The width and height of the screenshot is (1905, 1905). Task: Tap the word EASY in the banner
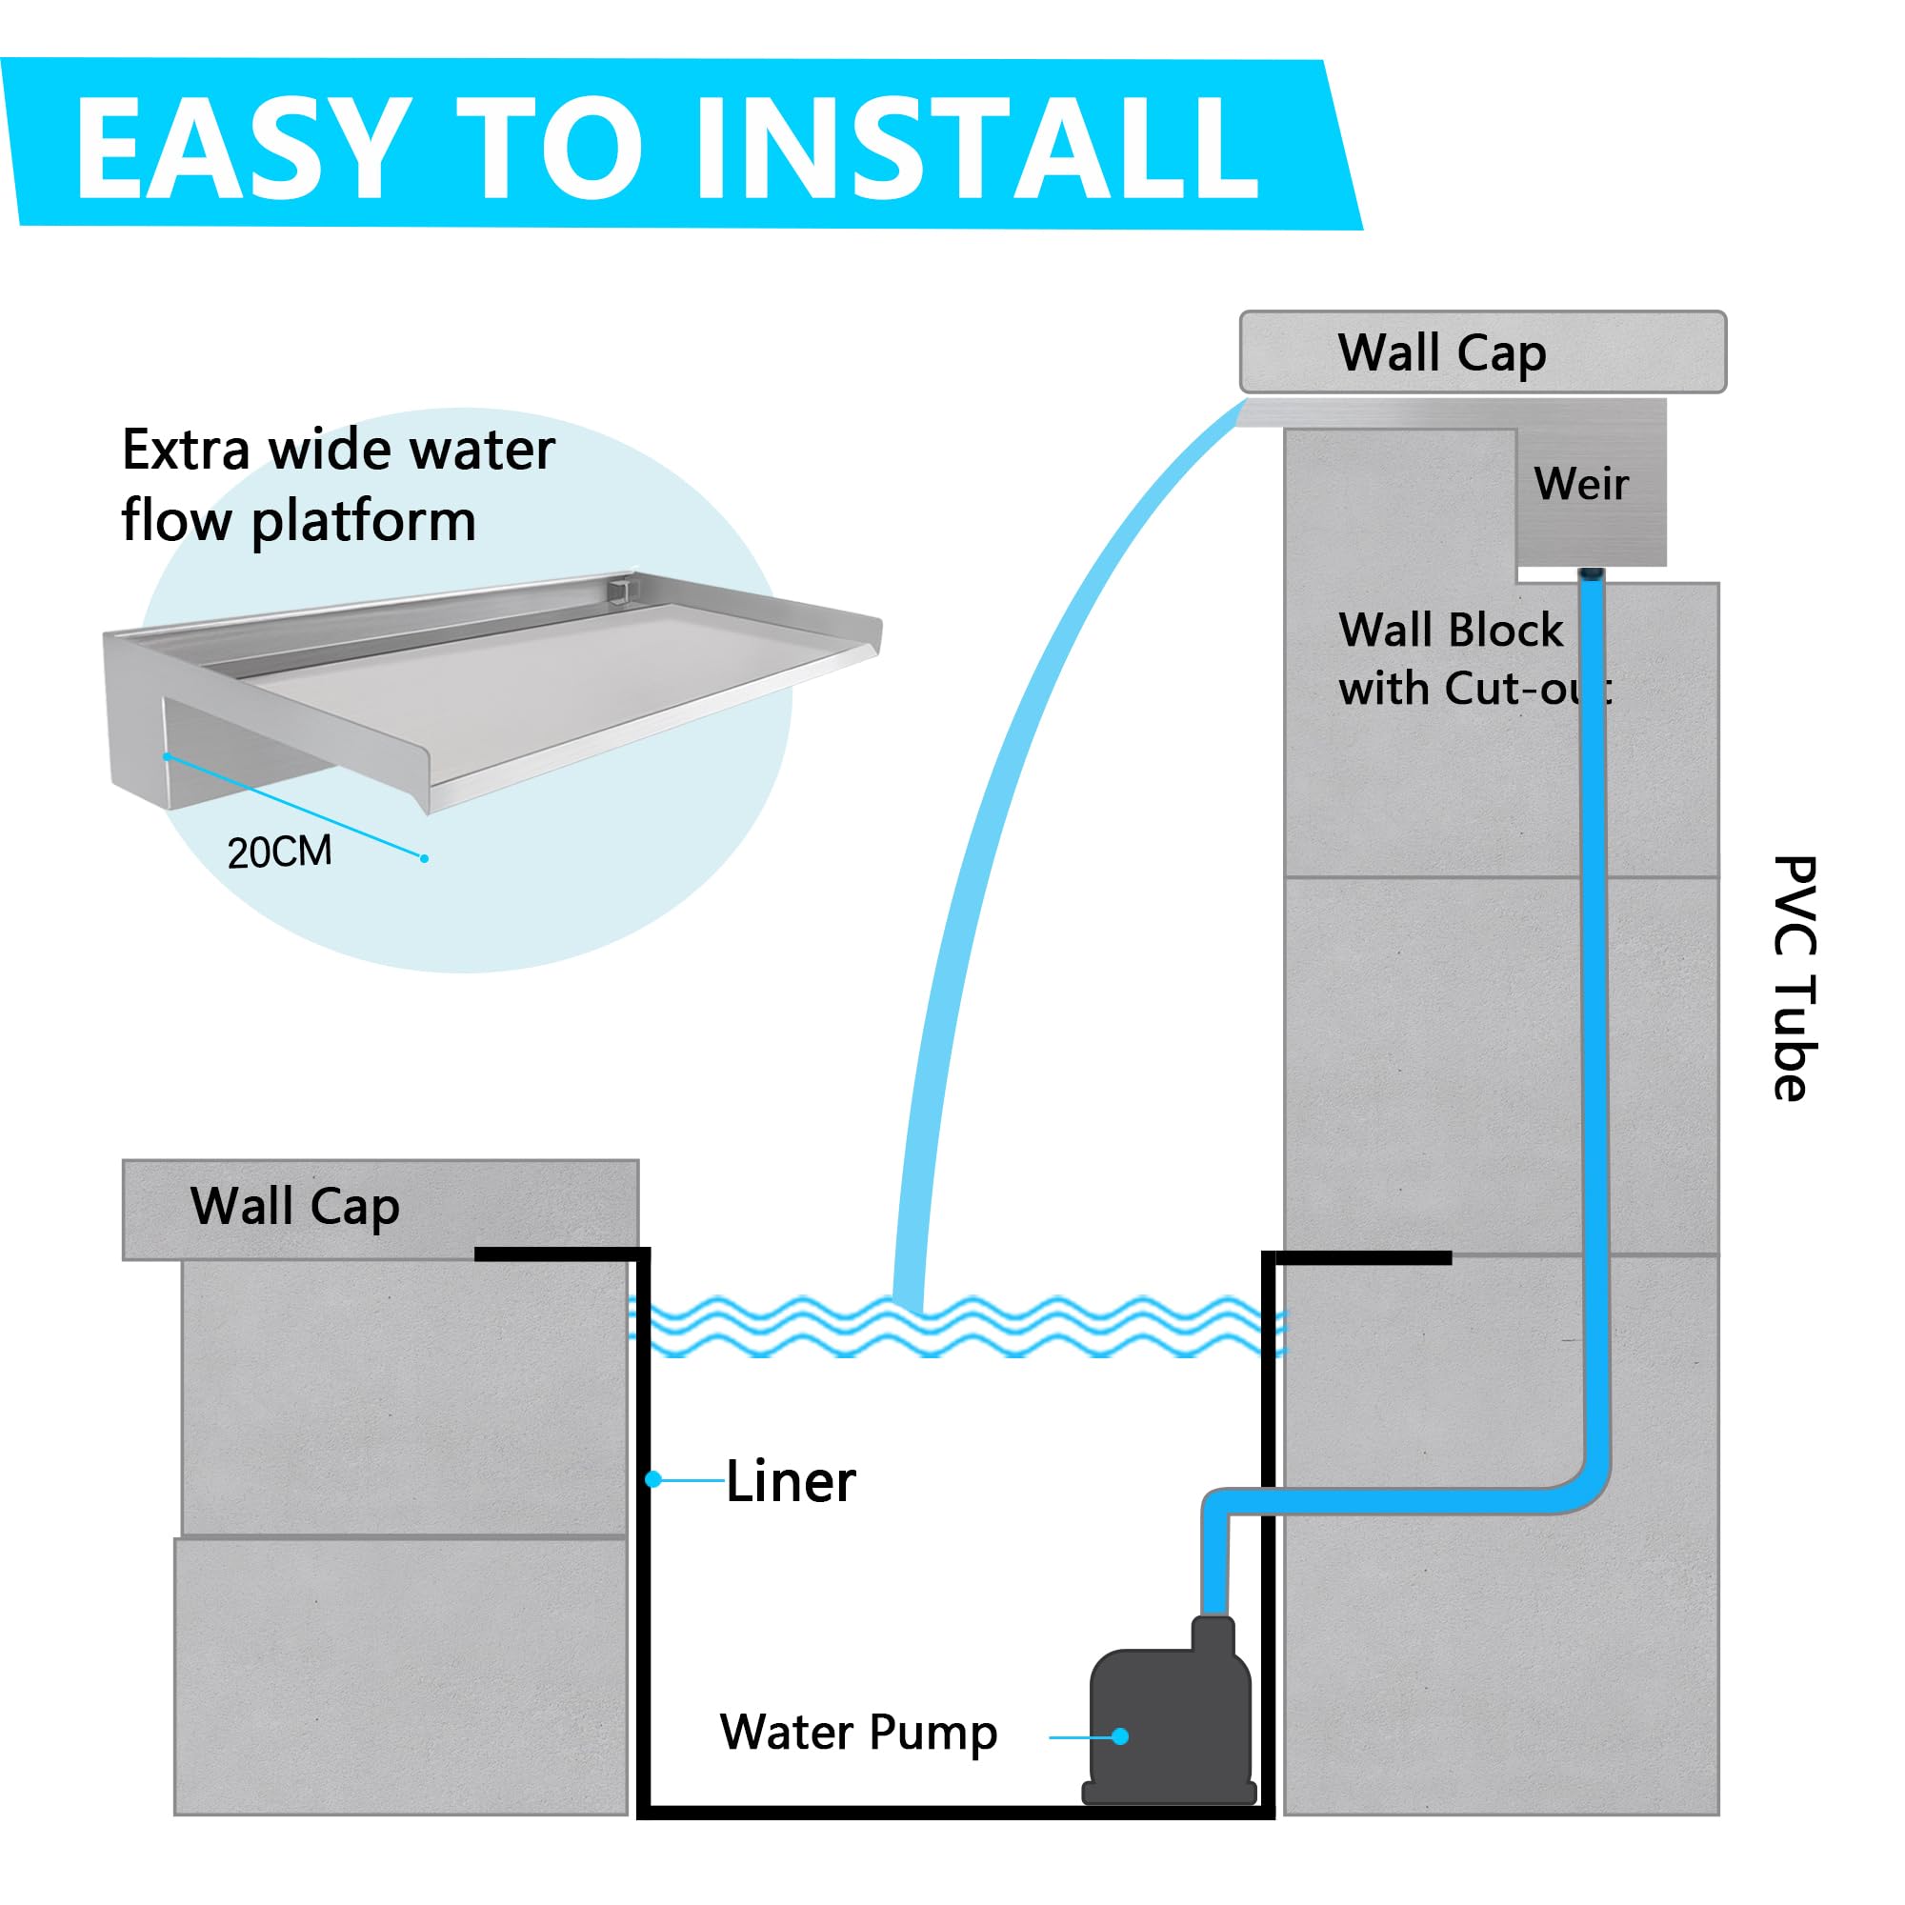pyautogui.click(x=243, y=148)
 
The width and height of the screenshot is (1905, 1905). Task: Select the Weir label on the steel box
pyautogui.click(x=1581, y=484)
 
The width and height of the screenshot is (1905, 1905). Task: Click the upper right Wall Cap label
pyautogui.click(x=1441, y=354)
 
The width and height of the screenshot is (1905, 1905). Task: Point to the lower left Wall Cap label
pyautogui.click(x=295, y=1207)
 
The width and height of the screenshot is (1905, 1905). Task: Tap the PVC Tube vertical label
pyautogui.click(x=1795, y=977)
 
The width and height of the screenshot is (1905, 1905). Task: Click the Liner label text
pyautogui.click(x=791, y=1482)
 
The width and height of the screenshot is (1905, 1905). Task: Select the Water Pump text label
pyautogui.click(x=859, y=1733)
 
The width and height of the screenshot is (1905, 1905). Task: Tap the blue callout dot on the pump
pyautogui.click(x=1120, y=1736)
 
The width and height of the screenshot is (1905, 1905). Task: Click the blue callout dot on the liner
pyautogui.click(x=652, y=1479)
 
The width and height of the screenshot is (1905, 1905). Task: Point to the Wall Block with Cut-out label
pyautogui.click(x=1474, y=659)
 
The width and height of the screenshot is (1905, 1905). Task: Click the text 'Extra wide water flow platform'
pyautogui.click(x=338, y=485)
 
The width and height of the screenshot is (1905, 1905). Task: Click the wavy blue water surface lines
pyautogui.click(x=956, y=1326)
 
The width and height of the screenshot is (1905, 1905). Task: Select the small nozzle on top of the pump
pyautogui.click(x=1213, y=1633)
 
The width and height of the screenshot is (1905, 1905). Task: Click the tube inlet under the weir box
pyautogui.click(x=1592, y=575)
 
